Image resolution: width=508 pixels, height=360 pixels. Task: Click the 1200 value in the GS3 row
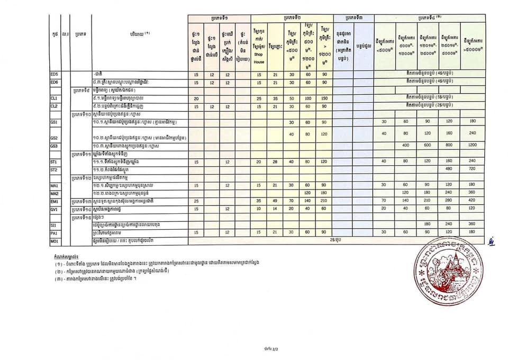coord(472,145)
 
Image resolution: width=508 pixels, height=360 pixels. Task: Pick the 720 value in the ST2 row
coord(472,169)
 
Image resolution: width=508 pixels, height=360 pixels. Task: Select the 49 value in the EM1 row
coord(275,201)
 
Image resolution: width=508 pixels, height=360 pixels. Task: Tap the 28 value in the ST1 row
coord(275,161)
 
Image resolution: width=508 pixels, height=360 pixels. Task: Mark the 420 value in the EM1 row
coord(472,201)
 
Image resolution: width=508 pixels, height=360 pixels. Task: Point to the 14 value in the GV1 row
coord(275,209)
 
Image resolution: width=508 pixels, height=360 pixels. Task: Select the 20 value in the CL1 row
coord(196,98)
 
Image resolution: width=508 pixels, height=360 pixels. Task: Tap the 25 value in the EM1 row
coord(196,201)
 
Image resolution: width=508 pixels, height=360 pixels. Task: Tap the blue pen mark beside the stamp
coord(491,244)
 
